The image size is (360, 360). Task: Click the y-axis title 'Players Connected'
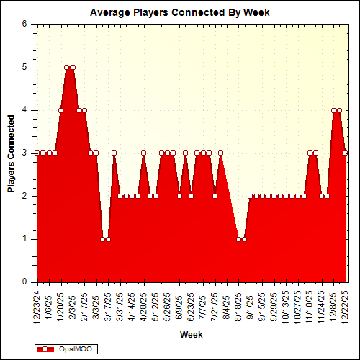click(12, 153)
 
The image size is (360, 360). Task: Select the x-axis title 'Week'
click(191, 335)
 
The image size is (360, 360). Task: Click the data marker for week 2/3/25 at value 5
click(73, 67)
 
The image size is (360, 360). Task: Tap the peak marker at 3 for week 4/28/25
click(144, 153)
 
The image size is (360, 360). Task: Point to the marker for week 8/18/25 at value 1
click(239, 239)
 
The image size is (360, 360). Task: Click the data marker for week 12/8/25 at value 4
click(333, 110)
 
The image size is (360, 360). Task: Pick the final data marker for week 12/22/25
click(346, 153)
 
